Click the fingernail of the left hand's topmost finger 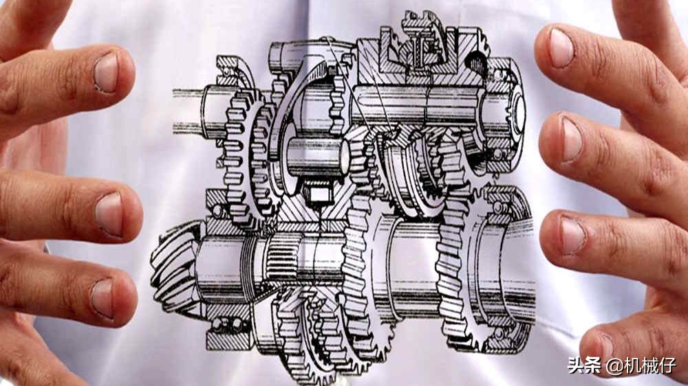pyautogui.click(x=106, y=73)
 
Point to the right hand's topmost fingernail pyautogui.click(x=561, y=48)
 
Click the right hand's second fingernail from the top pyautogui.click(x=571, y=140)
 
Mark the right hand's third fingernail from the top pyautogui.click(x=572, y=236)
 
